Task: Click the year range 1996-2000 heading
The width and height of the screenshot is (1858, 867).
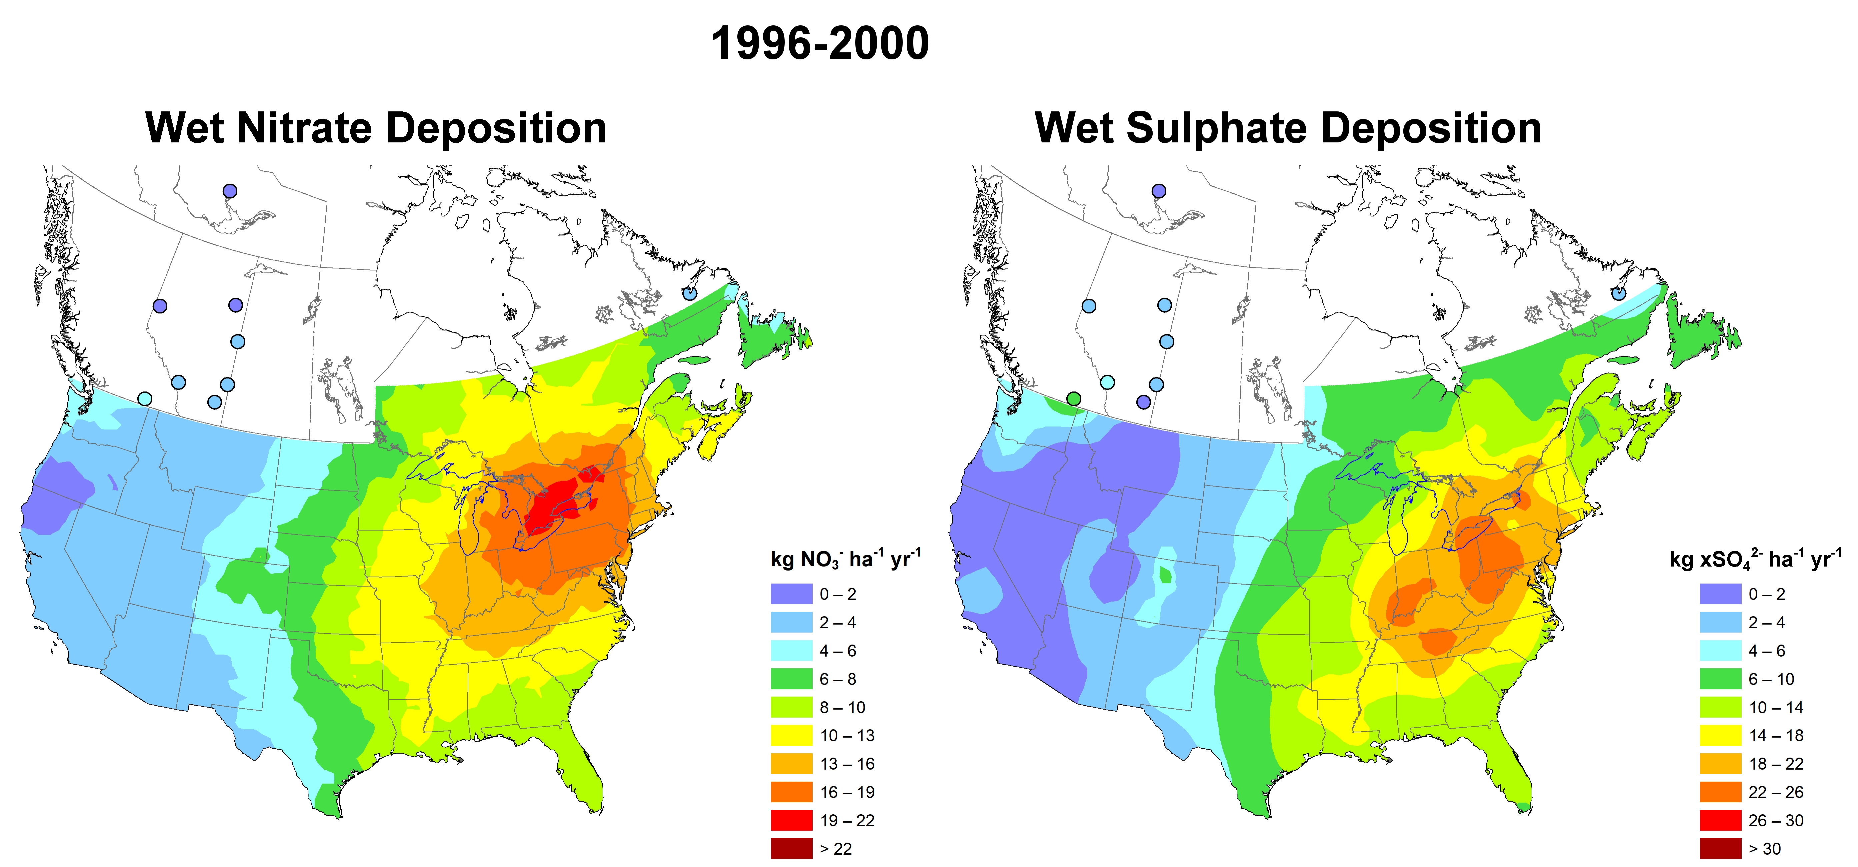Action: coord(820,43)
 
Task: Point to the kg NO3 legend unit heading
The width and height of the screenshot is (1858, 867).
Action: coord(845,559)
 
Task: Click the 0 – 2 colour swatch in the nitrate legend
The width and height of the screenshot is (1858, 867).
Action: coord(791,594)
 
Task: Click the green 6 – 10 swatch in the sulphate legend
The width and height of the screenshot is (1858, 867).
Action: coord(1720,679)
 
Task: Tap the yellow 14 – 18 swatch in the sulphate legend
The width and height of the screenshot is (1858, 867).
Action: coord(1720,736)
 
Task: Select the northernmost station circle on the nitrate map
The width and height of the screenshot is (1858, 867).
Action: coord(229,191)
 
